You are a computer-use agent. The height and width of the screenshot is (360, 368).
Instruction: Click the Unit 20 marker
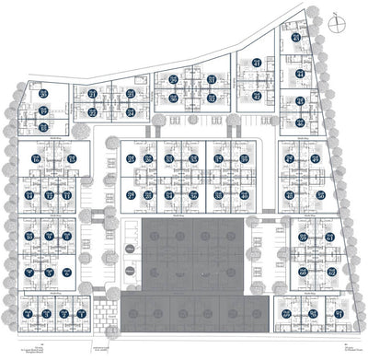43,93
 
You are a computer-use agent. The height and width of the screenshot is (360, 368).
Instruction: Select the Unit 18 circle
43,127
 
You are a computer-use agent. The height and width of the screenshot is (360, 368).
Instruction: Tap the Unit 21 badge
92,93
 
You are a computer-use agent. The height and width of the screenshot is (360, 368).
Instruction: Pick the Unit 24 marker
130,112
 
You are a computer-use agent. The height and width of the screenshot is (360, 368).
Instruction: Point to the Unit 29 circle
174,78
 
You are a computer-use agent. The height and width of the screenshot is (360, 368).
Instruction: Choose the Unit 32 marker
212,98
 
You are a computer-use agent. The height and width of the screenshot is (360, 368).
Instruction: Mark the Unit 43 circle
295,38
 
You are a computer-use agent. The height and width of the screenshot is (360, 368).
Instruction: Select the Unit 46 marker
301,122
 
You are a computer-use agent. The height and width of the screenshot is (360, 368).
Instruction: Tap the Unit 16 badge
35,158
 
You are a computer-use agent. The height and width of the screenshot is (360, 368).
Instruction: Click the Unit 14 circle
29,195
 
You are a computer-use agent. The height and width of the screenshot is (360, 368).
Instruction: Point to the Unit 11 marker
67,195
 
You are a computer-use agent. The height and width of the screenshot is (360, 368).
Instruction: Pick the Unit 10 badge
29,237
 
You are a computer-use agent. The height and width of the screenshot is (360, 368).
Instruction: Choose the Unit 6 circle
67,273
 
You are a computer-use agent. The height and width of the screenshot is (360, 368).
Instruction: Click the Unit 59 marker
303,237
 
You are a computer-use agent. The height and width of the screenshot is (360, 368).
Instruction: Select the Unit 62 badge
331,271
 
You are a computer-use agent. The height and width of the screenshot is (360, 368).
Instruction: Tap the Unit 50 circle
320,195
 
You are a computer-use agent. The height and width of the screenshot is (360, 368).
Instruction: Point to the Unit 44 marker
300,74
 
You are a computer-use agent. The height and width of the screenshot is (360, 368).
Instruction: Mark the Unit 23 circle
130,93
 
